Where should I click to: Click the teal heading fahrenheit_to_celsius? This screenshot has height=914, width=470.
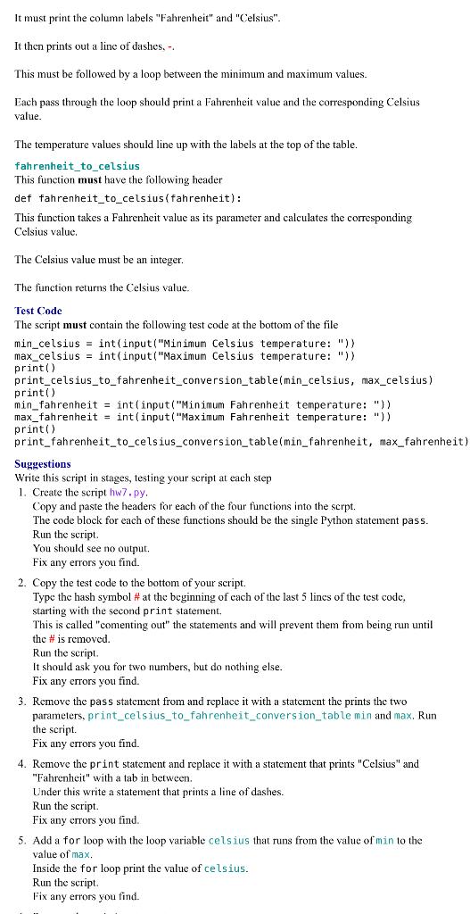click(x=78, y=166)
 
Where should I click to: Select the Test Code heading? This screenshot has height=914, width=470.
click(x=38, y=311)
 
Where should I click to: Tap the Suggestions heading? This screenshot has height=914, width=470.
click(x=43, y=463)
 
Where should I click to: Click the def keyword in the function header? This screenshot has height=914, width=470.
click(x=24, y=198)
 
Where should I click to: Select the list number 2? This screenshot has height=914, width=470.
click(x=21, y=583)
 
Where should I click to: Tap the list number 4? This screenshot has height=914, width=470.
click(x=21, y=765)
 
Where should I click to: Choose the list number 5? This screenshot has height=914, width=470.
click(x=21, y=841)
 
